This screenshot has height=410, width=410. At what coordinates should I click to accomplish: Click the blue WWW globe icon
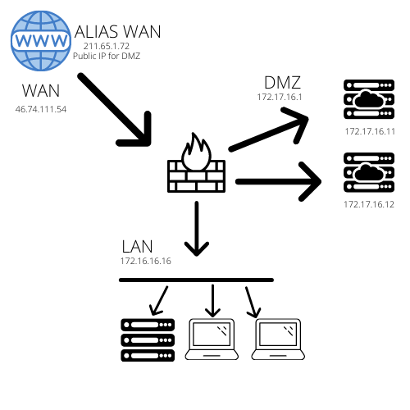40,41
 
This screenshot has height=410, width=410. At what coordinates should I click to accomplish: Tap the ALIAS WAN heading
117,32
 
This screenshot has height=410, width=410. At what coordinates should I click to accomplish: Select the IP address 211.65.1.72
107,46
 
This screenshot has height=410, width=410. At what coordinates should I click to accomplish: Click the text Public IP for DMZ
107,56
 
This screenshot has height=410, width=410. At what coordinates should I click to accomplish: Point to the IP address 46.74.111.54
41,109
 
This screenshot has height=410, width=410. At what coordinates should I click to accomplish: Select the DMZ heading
282,83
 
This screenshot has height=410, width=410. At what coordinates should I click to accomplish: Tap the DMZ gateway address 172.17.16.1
280,97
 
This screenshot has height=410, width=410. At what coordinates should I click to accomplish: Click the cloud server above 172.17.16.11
369,99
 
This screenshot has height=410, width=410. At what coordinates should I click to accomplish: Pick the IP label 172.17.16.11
370,131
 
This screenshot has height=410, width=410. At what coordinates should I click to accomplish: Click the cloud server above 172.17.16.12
369,172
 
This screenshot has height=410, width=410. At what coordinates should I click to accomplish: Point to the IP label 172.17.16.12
369,204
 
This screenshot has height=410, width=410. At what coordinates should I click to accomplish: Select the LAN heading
137,247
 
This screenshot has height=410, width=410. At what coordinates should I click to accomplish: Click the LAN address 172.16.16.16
146,261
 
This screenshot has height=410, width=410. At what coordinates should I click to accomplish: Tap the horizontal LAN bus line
196,280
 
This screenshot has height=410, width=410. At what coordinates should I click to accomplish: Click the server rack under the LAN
148,340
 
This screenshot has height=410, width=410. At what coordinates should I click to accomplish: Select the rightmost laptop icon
278,339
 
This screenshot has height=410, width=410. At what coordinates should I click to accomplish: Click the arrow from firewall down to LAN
197,229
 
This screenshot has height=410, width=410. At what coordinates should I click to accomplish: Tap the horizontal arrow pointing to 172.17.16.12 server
278,182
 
